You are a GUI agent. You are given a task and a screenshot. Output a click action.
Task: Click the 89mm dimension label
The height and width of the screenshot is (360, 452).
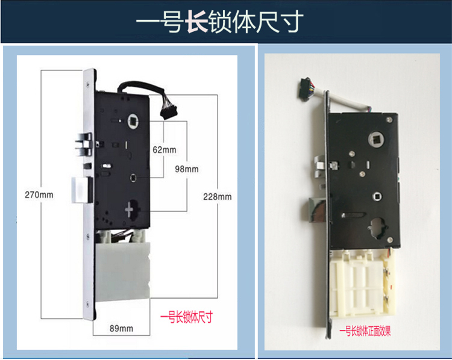[x=122, y=327]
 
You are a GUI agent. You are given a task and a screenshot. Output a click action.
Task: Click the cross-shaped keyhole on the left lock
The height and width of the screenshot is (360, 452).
[x=131, y=211]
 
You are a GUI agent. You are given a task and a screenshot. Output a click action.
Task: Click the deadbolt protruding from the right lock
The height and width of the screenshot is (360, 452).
[x=316, y=208]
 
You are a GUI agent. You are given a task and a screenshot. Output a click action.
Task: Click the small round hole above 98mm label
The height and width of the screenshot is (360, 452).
[x=133, y=178]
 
